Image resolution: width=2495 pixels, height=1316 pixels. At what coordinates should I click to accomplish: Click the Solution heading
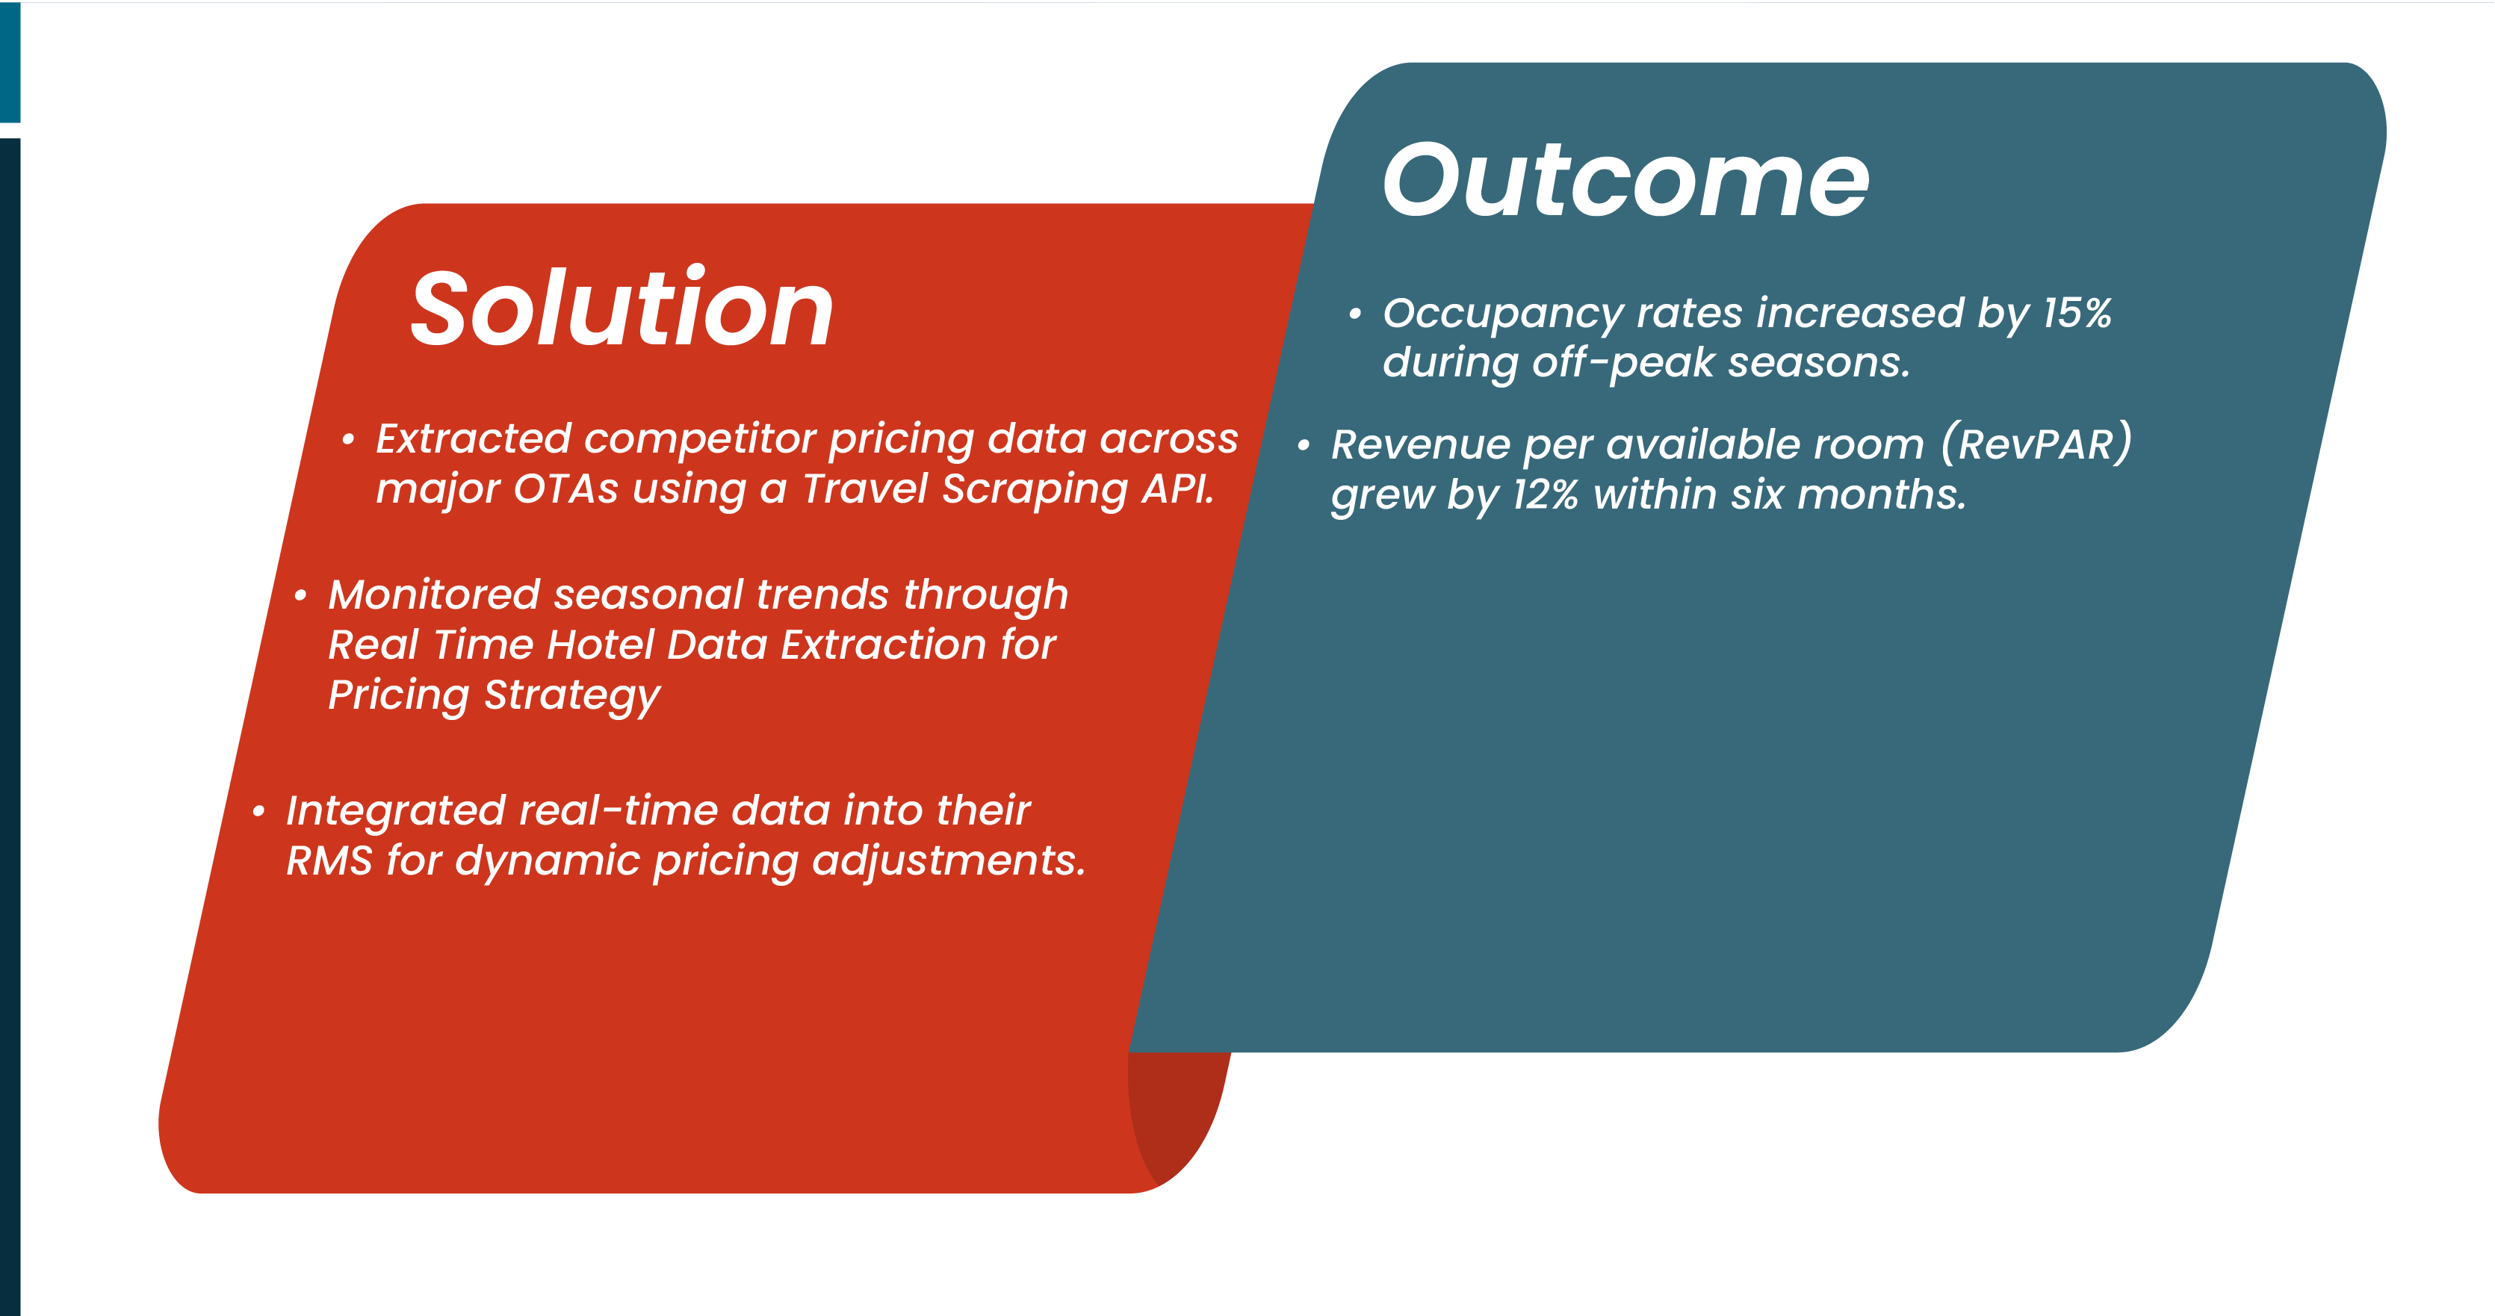click(622, 310)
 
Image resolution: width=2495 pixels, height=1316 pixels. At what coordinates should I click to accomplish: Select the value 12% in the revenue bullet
click(1545, 495)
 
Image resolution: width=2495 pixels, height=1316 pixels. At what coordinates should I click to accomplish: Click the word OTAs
click(565, 489)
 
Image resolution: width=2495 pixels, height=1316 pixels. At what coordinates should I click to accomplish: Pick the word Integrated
click(395, 810)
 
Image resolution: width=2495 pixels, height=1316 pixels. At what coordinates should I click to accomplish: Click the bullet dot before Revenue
click(1304, 447)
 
